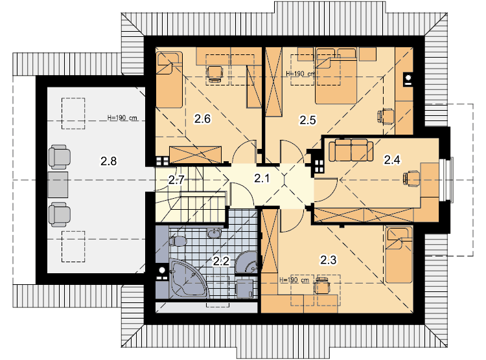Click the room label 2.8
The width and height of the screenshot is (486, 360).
pyautogui.click(x=108, y=161)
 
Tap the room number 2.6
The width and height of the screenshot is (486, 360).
pyautogui.click(x=202, y=118)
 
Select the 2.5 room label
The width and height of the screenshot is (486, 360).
pyautogui.click(x=307, y=120)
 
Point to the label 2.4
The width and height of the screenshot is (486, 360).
pyautogui.click(x=392, y=160)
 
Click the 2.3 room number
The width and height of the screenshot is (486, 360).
pyautogui.click(x=329, y=260)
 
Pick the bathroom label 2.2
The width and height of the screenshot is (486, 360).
pyautogui.click(x=221, y=261)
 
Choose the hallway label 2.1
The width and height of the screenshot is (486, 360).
pyautogui.click(x=262, y=178)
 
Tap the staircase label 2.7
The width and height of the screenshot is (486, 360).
pyautogui.click(x=176, y=180)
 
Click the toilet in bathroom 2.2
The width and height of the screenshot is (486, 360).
pyautogui.click(x=178, y=241)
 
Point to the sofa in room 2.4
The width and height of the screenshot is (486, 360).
pyautogui.click(x=351, y=150)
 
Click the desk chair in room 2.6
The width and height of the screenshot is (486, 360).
pyautogui.click(x=214, y=74)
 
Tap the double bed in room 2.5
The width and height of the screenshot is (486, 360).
pyautogui.click(x=336, y=76)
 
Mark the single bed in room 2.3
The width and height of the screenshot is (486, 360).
pyautogui.click(x=399, y=255)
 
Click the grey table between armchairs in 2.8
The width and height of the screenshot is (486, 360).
pyautogui.click(x=58, y=185)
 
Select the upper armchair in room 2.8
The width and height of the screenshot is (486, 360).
pyautogui.click(x=59, y=157)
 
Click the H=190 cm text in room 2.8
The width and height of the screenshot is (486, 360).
pyautogui.click(x=122, y=118)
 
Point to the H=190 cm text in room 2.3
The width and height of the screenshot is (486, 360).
pyautogui.click(x=294, y=280)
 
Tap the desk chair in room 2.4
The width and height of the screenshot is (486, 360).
pyautogui.click(x=411, y=179)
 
